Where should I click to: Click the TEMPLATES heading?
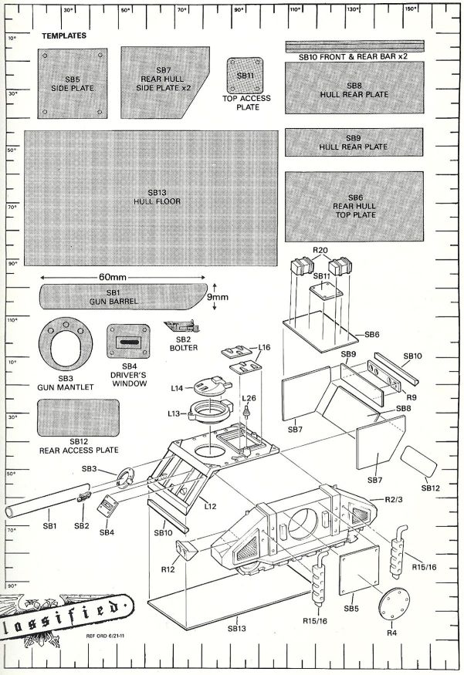(x=64, y=36)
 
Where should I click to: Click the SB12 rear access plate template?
(x=77, y=417)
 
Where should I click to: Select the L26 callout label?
(x=248, y=397)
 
